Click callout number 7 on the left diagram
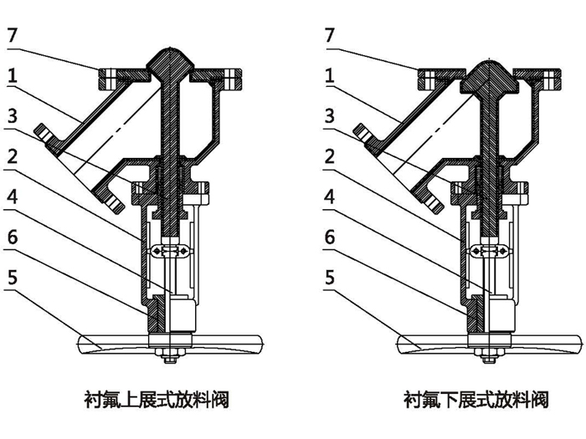coord(12,35)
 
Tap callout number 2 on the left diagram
coord(12,155)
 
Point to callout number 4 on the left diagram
coord(12,195)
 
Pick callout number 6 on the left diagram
coord(12,236)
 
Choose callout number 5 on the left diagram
coord(12,276)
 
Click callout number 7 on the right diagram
coord(330,35)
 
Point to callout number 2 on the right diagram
coord(330,155)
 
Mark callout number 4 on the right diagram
coord(330,195)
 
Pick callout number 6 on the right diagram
coord(330,236)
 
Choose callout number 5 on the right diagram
coord(330,276)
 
